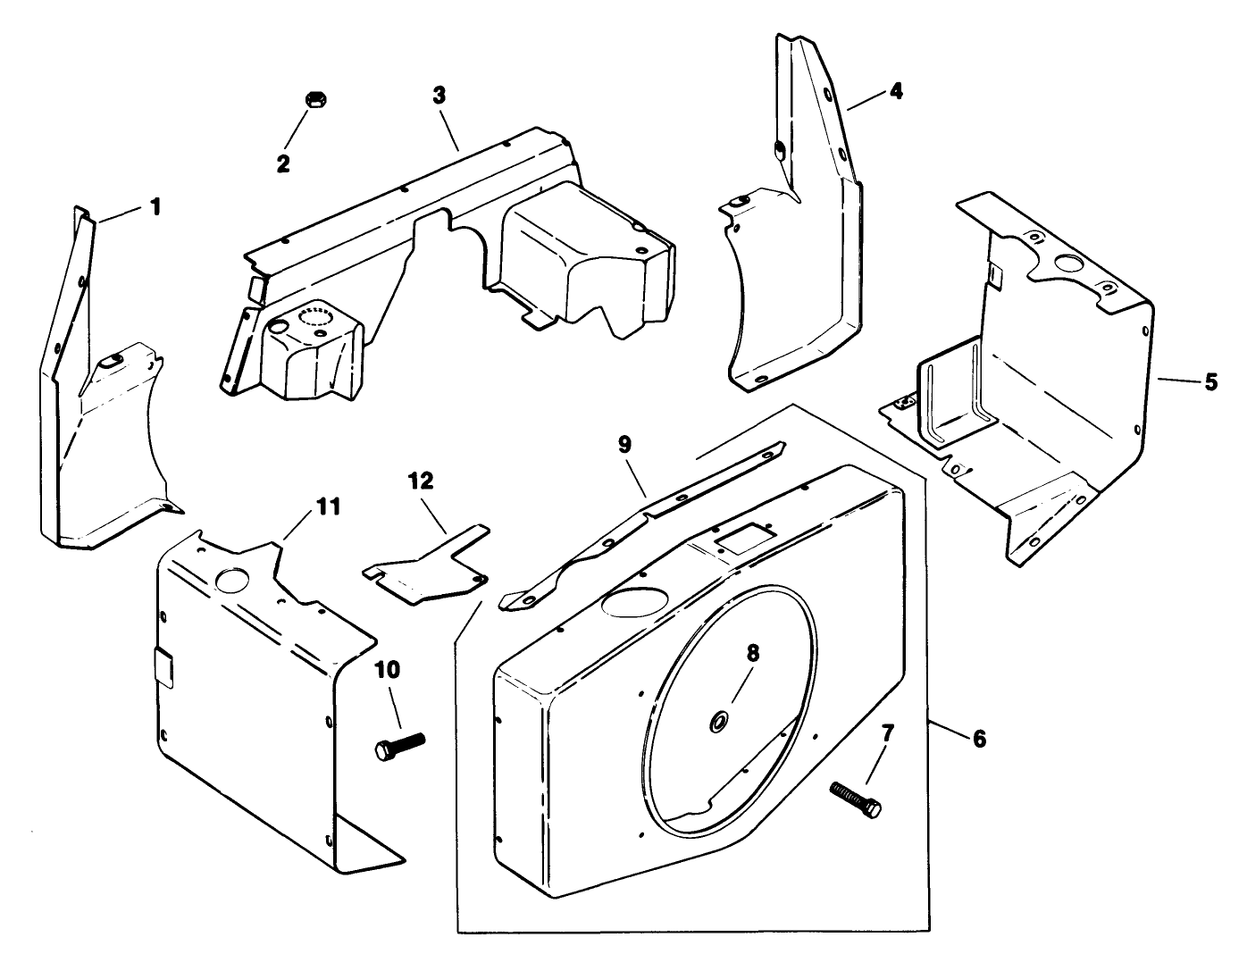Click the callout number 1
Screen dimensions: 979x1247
click(x=155, y=207)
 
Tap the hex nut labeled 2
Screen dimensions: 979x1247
click(x=314, y=99)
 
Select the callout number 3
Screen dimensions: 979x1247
click(x=438, y=95)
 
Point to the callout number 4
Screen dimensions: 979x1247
click(x=895, y=90)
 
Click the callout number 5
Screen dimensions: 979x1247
click(x=1210, y=381)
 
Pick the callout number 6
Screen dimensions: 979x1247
click(x=979, y=739)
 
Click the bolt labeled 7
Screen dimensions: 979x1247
click(x=856, y=798)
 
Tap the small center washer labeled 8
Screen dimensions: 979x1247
click(x=717, y=722)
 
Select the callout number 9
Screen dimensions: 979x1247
click(x=623, y=443)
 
